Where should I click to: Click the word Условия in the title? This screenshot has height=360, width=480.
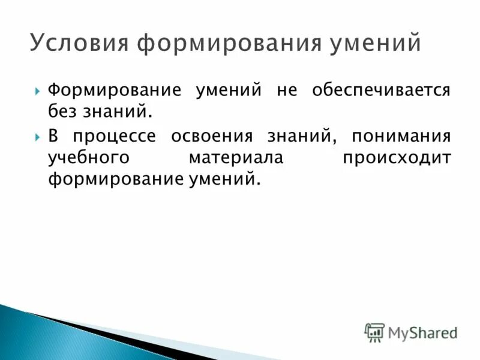80,44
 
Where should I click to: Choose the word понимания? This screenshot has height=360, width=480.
401,136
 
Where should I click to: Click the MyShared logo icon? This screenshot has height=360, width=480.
374,332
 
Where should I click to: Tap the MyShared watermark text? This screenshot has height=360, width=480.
422,332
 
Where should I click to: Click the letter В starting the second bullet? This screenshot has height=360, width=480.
53,136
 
